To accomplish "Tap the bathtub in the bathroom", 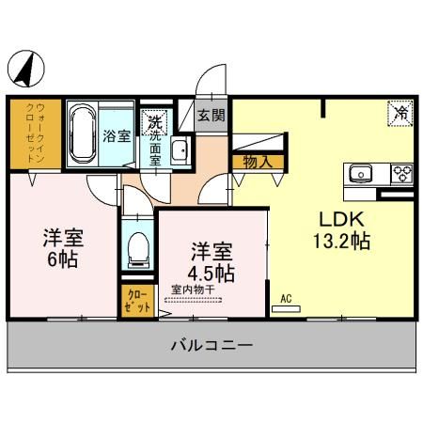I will pyautogui.click(x=83, y=133).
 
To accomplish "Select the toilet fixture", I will pyautogui.click(x=138, y=249).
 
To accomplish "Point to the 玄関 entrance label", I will pyautogui.click(x=211, y=116).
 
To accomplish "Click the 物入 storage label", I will pyautogui.click(x=257, y=162).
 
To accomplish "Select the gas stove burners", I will pyautogui.click(x=401, y=174).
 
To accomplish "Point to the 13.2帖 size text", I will pyautogui.click(x=341, y=241).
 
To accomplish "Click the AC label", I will pyautogui.click(x=287, y=299).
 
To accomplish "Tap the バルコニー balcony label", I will pyautogui.click(x=211, y=346).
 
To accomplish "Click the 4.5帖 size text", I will pyautogui.click(x=211, y=272).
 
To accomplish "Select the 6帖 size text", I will pyautogui.click(x=64, y=258).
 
